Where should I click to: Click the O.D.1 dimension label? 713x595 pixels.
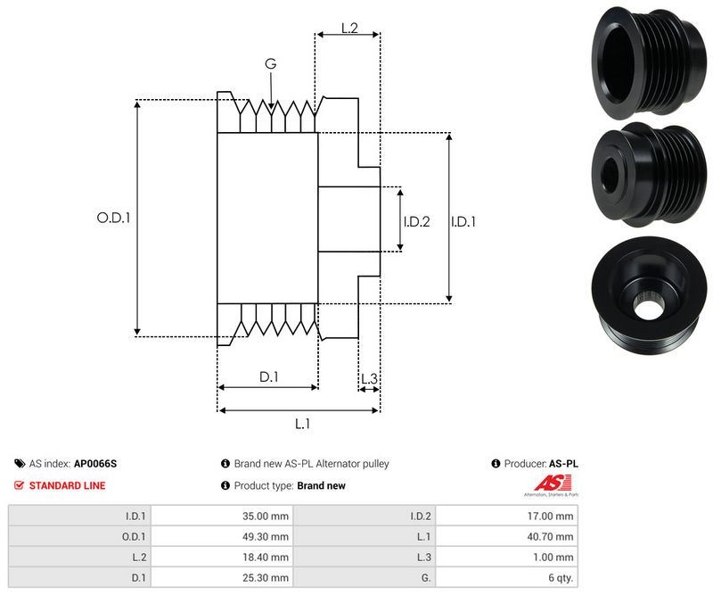pos(113,217)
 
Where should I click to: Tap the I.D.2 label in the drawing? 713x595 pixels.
pos(416,221)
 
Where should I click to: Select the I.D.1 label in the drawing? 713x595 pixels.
pos(463,221)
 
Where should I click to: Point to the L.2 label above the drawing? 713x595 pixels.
pos(349,29)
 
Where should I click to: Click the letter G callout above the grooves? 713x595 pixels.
pos(270,65)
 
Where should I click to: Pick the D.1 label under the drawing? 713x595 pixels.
pos(268,377)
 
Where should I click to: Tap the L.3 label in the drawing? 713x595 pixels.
pos(369,379)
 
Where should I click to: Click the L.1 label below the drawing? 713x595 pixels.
pos(302,424)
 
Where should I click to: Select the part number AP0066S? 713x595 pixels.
pos(95,464)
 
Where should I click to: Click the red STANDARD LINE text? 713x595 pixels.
pos(67,485)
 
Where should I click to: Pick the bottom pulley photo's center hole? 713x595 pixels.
pos(645,304)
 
